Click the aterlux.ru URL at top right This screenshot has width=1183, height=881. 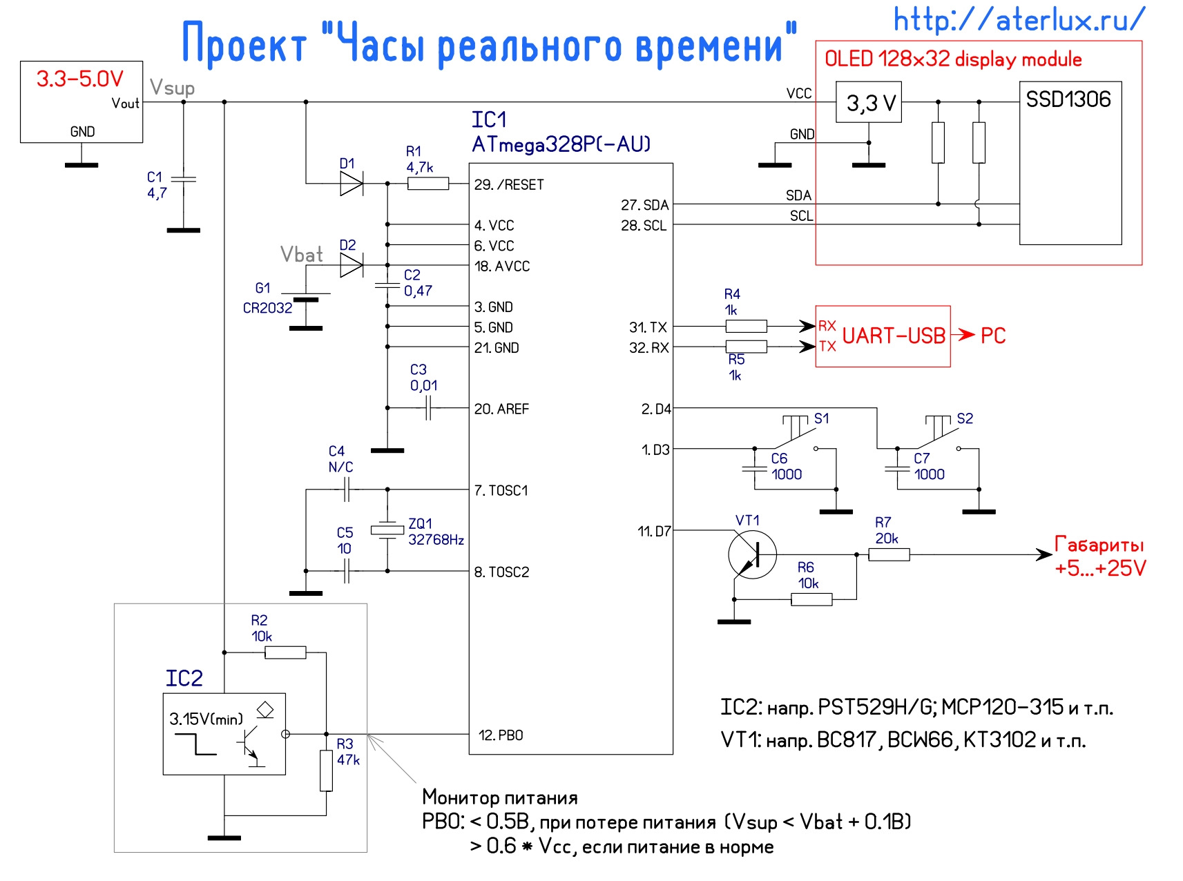pos(1019,19)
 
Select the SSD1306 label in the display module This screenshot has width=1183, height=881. pos(1068,99)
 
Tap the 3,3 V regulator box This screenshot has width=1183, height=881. pos(869,103)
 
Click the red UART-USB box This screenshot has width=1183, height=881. pos(883,336)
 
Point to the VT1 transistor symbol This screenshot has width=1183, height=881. pos(752,554)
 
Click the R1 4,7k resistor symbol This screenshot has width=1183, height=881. pos(428,184)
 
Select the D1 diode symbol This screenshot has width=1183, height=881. pos(351,184)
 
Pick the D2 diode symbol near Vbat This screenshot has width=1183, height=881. pos(351,265)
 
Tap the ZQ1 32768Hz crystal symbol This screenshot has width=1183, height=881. pos(387,530)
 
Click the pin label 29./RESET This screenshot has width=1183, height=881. pos(509,185)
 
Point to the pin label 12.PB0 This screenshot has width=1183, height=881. pos(501,735)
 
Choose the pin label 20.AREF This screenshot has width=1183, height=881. pos(501,409)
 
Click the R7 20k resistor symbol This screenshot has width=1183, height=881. pos(889,554)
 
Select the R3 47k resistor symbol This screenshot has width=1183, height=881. pos(327,771)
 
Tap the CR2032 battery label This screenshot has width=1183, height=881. pos(267,308)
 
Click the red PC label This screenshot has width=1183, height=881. pos(993,336)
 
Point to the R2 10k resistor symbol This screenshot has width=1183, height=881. pos(285,652)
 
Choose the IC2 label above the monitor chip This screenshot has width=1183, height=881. pos(184,679)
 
